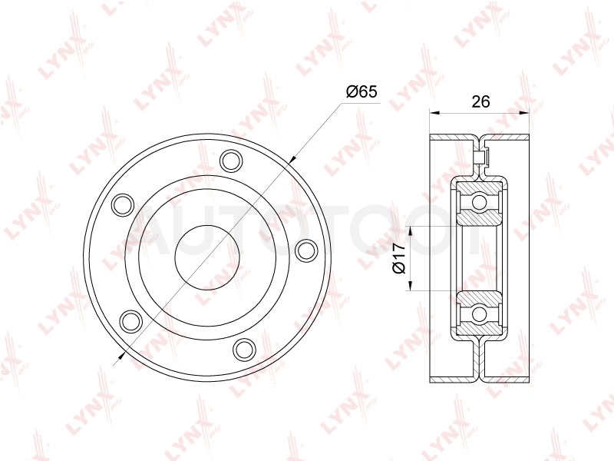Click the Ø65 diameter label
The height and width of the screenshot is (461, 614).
pos(361,92)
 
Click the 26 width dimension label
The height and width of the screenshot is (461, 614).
pos(480,101)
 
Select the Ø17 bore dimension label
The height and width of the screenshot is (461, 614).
pos(399,258)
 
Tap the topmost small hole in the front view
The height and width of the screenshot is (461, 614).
pos(232,160)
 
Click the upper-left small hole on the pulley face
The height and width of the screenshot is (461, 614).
pos(123,204)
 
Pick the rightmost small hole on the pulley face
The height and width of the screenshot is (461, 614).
pos(306,251)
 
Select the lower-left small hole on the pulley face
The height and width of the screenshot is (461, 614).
pos(131,320)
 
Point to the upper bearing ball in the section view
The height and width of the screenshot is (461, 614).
pos(478,202)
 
